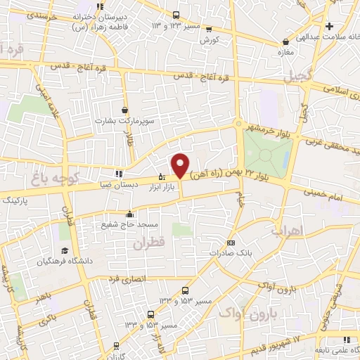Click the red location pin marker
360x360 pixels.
(181, 165)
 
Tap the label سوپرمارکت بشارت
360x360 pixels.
(126, 121)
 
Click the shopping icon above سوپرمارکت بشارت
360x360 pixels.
(125, 110)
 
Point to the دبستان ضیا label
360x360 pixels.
(115, 185)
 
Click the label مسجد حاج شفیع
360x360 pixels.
(128, 224)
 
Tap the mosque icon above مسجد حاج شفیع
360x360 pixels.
(128, 214)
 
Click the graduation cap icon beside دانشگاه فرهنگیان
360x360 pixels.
(64, 251)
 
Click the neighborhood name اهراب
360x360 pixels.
(285, 230)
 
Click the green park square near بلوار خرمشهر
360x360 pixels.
(267, 149)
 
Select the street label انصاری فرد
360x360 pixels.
(127, 278)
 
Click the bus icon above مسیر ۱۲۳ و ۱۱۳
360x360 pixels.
(176, 14)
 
